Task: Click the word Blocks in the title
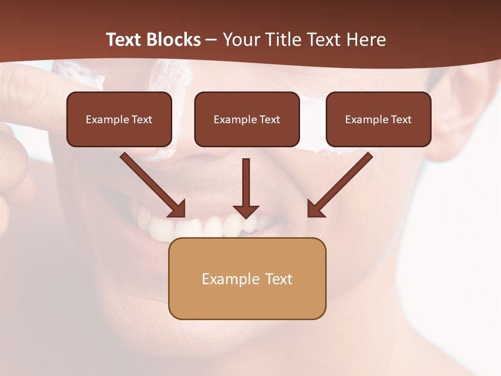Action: pos(174,40)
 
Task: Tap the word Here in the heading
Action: pos(366,40)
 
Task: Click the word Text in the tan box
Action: pos(280,279)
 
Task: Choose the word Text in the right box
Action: pos(401,120)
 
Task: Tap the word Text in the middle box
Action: pos(269,120)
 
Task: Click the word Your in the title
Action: pos(241,40)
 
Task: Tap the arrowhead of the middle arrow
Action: pos(246,211)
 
